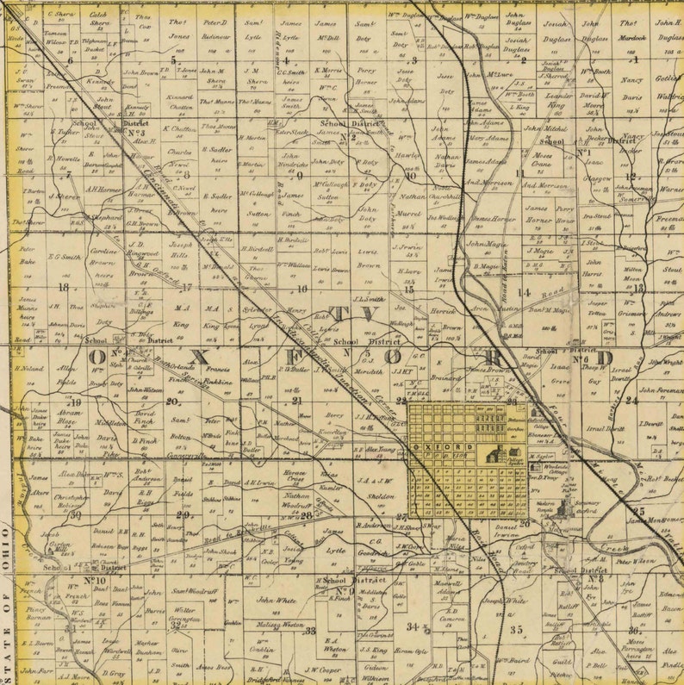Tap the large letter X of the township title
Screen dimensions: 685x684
tap(201, 356)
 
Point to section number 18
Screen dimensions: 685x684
tap(63, 287)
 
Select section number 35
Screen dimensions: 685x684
tap(516, 630)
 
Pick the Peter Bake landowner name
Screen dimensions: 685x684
tap(27, 255)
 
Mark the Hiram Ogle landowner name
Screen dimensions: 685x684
tap(410, 651)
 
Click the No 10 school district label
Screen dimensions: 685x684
tap(95, 580)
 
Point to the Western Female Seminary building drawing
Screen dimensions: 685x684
tap(565, 508)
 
